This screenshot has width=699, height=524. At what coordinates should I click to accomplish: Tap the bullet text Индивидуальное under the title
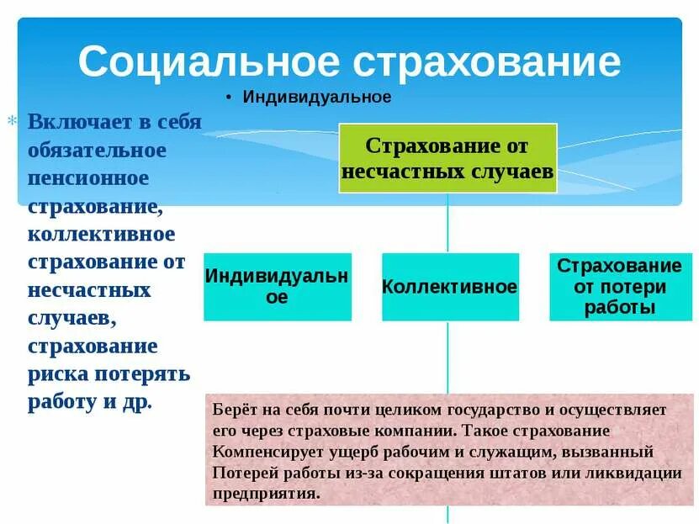(x=317, y=98)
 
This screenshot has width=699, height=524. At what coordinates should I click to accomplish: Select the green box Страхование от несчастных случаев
(x=447, y=158)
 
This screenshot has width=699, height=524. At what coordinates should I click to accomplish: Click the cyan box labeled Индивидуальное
(x=278, y=287)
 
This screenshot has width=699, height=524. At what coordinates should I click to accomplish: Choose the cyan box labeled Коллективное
(x=449, y=287)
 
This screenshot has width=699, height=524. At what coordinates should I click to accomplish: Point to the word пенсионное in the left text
(x=87, y=177)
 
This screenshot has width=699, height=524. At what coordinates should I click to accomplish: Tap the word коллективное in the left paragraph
(x=101, y=233)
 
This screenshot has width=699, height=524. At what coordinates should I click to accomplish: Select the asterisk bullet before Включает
(x=12, y=121)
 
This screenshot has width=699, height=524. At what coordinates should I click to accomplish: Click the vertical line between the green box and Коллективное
(x=447, y=223)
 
